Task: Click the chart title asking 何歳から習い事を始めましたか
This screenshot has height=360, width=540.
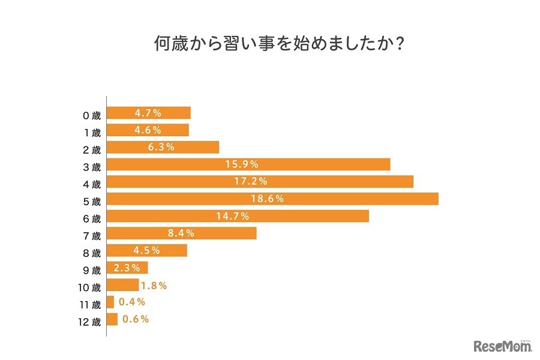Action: [269, 45]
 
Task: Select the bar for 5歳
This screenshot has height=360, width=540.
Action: [272, 199]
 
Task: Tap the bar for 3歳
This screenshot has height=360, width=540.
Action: [248, 164]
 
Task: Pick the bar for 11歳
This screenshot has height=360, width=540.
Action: [110, 302]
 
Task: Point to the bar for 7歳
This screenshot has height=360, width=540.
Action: [182, 233]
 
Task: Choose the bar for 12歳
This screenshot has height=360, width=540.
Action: [112, 319]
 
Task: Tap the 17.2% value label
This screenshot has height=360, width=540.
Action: [251, 181]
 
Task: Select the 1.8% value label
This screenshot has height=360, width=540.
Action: [154, 286]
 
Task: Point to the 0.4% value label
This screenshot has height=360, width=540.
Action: [131, 302]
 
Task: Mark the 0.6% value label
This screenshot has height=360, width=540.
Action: [135, 319]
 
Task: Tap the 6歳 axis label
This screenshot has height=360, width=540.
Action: [92, 217]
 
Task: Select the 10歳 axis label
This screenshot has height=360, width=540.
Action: [89, 286]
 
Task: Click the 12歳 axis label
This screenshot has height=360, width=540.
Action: [89, 320]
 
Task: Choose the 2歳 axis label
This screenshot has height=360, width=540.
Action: [92, 148]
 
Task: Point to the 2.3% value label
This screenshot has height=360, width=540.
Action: [127, 268]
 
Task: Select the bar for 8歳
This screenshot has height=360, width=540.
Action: [147, 250]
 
